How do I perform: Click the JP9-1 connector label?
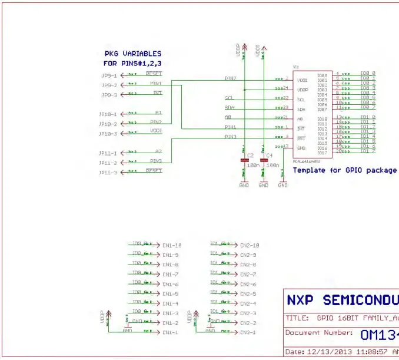[x=109, y=76]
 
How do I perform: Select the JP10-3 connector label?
[x=109, y=134]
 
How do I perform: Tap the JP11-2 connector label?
[x=109, y=163]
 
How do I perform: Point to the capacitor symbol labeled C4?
[x=264, y=160]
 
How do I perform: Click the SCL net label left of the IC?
[x=230, y=98]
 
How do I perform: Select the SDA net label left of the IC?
[x=230, y=107]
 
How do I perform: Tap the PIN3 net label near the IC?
[x=230, y=137]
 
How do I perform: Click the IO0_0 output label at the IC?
[x=368, y=74]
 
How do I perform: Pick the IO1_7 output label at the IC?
[x=368, y=151]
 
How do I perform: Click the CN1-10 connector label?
[x=172, y=245]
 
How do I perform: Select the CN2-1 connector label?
[x=248, y=333]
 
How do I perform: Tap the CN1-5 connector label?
[x=170, y=294]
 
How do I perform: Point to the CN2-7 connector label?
[x=248, y=275]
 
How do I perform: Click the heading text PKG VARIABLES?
[x=132, y=54]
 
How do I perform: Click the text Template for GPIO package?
[x=344, y=170]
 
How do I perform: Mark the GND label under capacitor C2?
[x=244, y=185]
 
